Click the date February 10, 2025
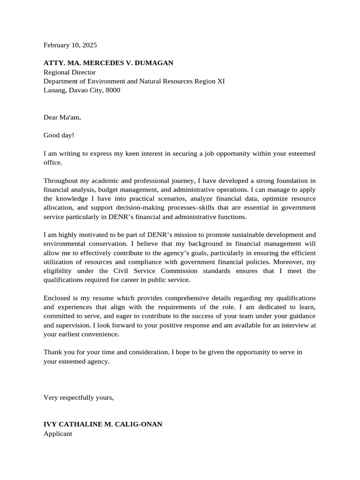pos(70,45)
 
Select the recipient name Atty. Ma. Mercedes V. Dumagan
pos(108,63)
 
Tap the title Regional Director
pos(69,72)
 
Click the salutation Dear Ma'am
pos(62,117)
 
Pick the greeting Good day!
pos(59,135)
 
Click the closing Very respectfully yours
pos(78,397)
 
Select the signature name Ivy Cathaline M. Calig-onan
pos(103,424)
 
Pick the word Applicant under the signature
pos(58,434)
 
